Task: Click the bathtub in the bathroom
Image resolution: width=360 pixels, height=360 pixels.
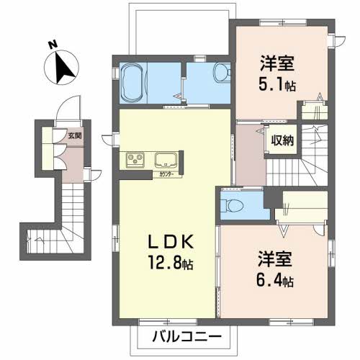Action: (133, 83)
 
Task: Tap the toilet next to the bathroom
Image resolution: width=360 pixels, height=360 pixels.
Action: (222, 72)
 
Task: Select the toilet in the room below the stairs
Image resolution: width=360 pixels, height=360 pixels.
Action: (231, 206)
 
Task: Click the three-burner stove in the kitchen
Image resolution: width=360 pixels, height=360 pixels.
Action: (135, 160)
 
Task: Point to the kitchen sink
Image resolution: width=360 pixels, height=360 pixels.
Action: (166, 160)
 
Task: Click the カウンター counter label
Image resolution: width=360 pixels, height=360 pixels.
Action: (166, 175)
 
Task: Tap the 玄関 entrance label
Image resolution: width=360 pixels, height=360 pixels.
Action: (75, 135)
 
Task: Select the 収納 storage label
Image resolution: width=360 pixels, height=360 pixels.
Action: (282, 140)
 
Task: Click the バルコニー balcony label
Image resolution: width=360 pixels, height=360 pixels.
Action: (186, 337)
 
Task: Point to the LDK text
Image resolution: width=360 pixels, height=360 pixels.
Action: (171, 242)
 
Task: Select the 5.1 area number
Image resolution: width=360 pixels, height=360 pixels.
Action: (271, 84)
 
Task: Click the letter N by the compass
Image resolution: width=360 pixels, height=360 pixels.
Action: (53, 45)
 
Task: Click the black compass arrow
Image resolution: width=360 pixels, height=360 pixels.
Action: (63, 68)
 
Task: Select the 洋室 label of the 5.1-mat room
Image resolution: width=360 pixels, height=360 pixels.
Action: (278, 63)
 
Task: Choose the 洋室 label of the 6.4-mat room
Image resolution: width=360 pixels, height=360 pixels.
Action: (275, 259)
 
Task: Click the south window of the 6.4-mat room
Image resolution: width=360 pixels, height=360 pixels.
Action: (291, 322)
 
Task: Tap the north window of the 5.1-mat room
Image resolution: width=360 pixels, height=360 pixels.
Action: (283, 23)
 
